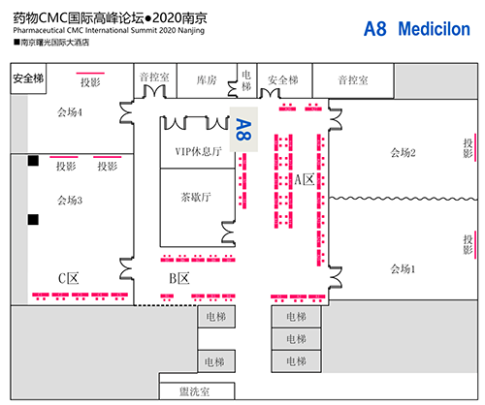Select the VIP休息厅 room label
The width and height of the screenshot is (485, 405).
pos(198,152)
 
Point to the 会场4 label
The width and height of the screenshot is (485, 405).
pos(69,112)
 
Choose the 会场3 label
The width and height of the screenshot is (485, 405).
pos(70,201)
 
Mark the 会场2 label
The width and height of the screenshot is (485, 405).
pos(403,152)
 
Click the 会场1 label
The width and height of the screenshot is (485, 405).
pos(403,268)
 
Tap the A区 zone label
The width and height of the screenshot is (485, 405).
pos(305,178)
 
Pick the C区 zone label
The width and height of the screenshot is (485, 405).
pos(68,279)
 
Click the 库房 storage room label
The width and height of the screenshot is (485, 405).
pos(206,81)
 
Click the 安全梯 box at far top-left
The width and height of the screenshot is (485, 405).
pos(28,79)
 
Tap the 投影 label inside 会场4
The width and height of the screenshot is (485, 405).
pos(91,82)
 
